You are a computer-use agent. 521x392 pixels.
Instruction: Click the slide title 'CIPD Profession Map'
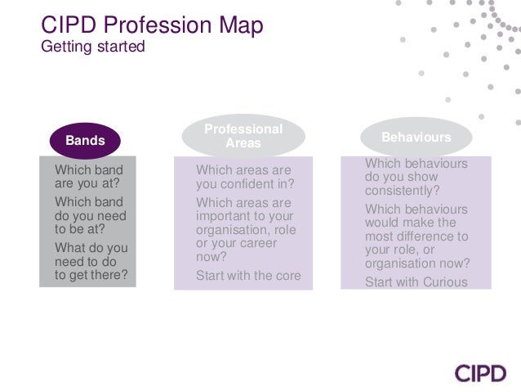pos(152,25)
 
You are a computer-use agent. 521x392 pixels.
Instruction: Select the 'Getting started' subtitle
pos(92,47)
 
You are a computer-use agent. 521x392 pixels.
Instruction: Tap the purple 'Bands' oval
pos(85,140)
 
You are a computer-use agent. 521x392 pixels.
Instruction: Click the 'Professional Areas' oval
pos(243,137)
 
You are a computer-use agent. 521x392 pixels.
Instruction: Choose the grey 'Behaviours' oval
pos(416,137)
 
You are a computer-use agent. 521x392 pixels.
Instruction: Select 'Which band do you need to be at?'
pos(90,215)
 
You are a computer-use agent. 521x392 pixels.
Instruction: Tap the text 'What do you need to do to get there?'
pos(91,261)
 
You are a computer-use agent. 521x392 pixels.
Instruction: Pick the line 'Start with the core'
pos(248,275)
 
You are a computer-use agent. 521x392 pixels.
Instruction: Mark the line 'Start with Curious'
pos(416,282)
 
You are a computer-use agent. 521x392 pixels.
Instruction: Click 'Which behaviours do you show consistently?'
pos(416,177)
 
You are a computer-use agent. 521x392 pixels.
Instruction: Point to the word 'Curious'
pos(445,282)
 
